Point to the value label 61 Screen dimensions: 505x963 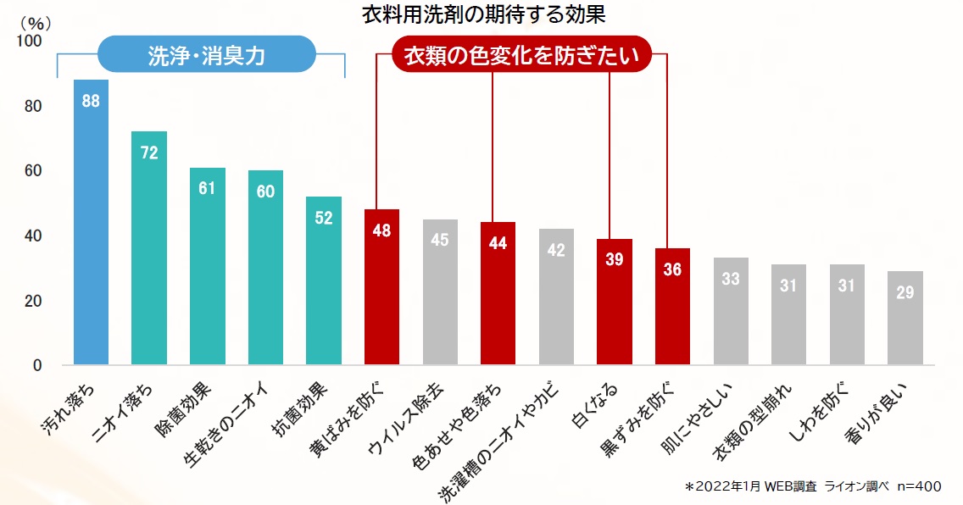pyautogui.click(x=208, y=188)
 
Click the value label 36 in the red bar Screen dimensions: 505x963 pyautogui.click(x=672, y=270)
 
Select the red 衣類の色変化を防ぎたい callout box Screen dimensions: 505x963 pyautogui.click(x=520, y=57)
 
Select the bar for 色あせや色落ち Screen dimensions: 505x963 pyautogui.click(x=498, y=293)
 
